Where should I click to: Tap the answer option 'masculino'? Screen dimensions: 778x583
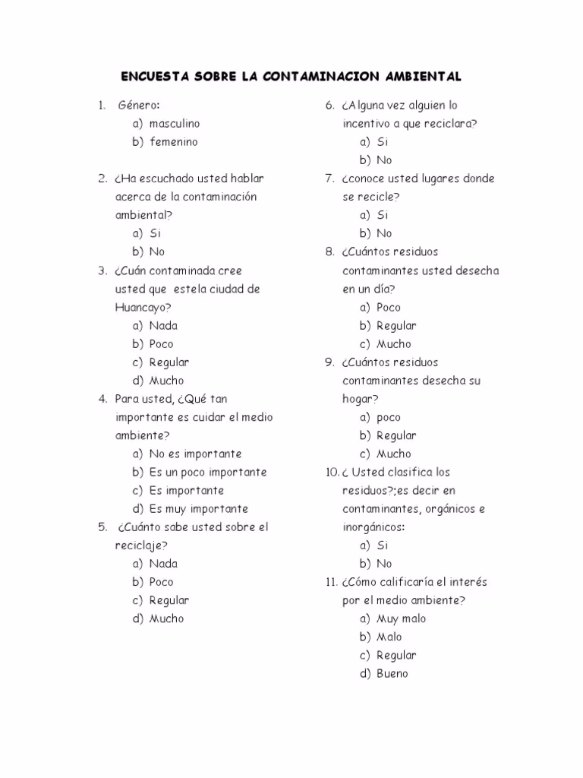[x=175, y=123]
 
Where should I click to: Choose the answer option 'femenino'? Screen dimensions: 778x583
[x=173, y=141]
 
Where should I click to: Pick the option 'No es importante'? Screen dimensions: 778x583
[x=195, y=454]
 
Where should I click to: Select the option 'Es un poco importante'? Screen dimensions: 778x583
[x=208, y=472]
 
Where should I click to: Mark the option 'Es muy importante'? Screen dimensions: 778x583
[x=199, y=508]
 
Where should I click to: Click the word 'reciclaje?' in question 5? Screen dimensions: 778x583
[x=141, y=545]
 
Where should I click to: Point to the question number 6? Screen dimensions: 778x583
[x=329, y=105]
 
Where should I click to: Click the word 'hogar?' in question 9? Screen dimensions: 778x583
[x=361, y=399]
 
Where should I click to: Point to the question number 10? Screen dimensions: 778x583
[x=331, y=472]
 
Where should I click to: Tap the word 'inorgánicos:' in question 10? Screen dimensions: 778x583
[x=373, y=527]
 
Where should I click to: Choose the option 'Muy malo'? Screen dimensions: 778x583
[x=402, y=618]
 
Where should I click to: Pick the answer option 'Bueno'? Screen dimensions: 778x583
[x=392, y=673]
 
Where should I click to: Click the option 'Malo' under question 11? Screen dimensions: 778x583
[x=389, y=637]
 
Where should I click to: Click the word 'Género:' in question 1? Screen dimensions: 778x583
[x=139, y=105]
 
